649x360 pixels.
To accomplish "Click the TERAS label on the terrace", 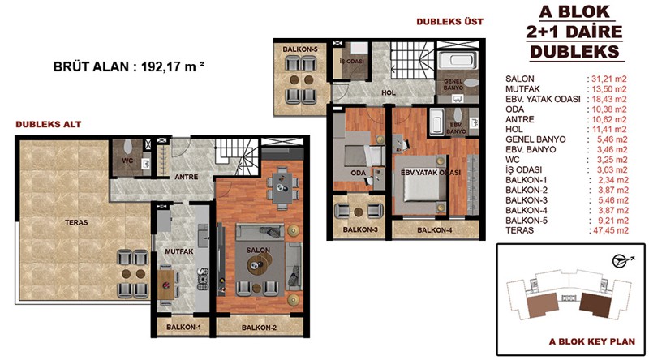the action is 76,222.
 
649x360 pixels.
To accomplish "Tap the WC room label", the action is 127,161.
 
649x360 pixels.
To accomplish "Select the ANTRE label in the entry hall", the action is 187,177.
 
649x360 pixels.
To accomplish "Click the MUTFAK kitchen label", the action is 178,251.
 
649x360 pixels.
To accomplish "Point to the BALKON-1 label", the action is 183,327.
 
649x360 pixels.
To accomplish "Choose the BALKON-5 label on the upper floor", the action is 300,49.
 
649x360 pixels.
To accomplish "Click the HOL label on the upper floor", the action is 389,92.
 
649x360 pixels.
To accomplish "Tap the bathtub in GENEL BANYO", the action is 458,61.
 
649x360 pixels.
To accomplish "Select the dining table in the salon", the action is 282,188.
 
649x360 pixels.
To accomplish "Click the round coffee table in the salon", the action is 260,264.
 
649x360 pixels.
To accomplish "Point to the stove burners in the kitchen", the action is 203,278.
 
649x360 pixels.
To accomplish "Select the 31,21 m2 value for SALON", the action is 607,79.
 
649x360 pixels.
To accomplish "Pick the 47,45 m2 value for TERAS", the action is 608,230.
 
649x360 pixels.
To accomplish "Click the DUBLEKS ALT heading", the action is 49,124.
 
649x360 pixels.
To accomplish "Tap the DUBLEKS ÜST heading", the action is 450,22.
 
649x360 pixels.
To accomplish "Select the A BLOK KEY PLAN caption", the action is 592,341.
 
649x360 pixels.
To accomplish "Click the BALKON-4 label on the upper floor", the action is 434,230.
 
